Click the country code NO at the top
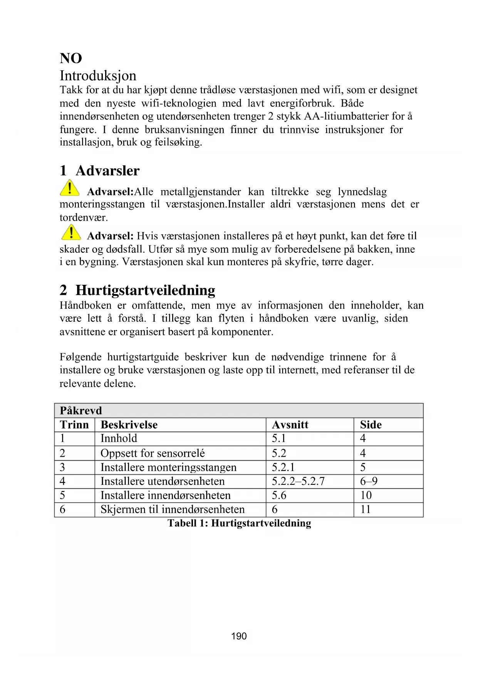click(71, 59)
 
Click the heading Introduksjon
click(98, 76)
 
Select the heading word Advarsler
click(107, 171)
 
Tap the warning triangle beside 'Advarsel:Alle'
click(70, 188)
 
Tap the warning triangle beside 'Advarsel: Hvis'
click(71, 232)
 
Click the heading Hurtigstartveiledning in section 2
click(145, 290)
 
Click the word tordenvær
click(84, 218)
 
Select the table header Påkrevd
click(81, 410)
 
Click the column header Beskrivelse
click(129, 425)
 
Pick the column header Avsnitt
click(290, 425)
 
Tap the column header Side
click(371, 425)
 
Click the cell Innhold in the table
click(119, 439)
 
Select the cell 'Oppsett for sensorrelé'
click(153, 453)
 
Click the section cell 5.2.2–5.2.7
click(298, 481)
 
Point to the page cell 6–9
click(369, 481)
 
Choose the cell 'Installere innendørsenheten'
click(165, 495)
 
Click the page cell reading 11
click(365, 510)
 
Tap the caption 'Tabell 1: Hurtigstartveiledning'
click(239, 523)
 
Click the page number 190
click(239, 636)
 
